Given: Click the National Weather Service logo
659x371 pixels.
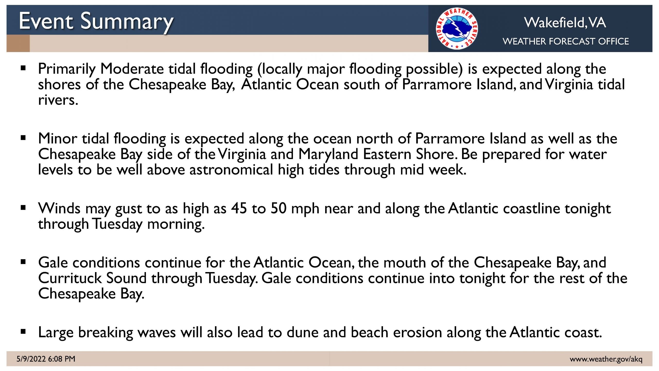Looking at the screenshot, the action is pos(457,28).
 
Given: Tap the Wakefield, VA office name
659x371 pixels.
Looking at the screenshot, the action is pos(565,22).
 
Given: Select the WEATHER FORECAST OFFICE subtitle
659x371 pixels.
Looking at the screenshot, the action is pos(566,41).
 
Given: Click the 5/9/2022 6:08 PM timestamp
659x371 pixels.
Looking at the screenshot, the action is pos(46,359).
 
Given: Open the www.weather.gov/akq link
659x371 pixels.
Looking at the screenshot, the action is pos(606,359).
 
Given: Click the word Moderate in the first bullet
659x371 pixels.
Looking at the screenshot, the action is pos(132,69).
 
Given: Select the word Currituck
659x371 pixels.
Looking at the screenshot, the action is pos(70,278).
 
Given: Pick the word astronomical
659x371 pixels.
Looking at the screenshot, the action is pos(231,170).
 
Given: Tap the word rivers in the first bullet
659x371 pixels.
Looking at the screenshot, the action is pos(58,100).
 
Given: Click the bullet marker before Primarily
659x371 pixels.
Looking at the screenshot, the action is pos(23,68).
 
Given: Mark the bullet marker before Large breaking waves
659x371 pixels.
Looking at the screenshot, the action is pos(23,332).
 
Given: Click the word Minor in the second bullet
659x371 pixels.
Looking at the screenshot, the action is pos(58,139).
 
